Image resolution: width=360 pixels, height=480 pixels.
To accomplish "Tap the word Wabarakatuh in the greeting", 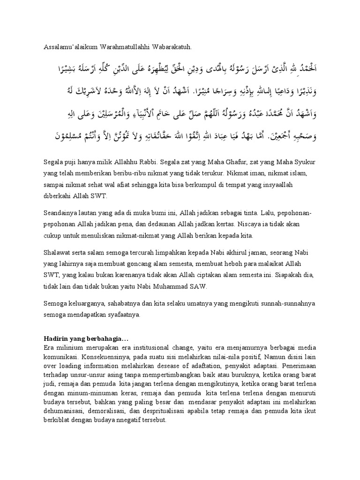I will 171,47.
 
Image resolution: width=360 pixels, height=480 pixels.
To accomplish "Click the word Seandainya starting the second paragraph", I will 61,213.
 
